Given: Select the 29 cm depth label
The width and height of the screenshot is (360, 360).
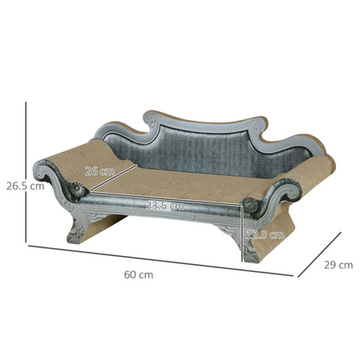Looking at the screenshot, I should [x=337, y=265].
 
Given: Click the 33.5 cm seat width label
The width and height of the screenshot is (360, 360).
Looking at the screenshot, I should [x=164, y=206].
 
